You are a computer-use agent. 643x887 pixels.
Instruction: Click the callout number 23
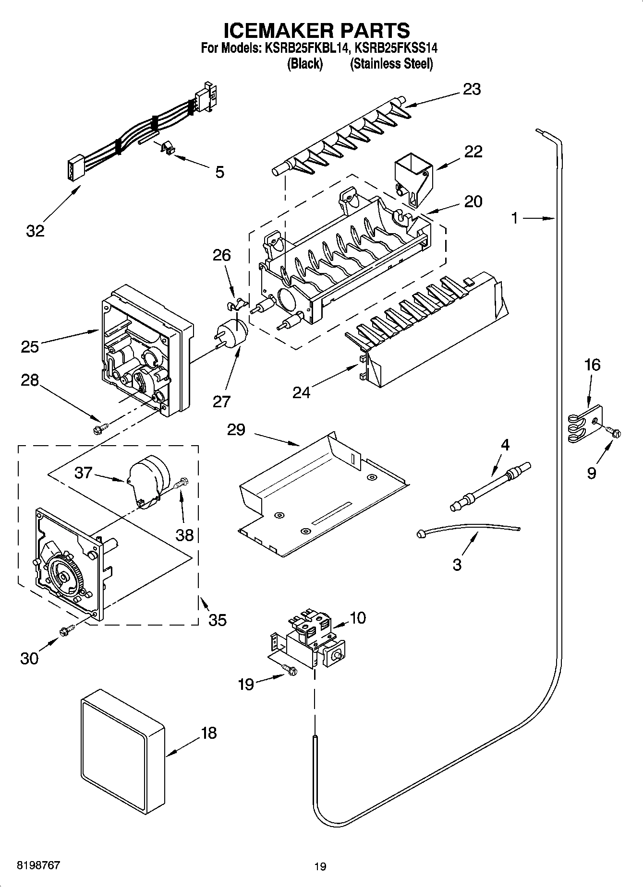(x=472, y=89)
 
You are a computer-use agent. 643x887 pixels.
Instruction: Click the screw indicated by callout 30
(x=66, y=631)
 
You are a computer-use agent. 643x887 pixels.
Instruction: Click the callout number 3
(x=457, y=564)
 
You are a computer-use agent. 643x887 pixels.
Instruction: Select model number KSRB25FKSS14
(x=392, y=48)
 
